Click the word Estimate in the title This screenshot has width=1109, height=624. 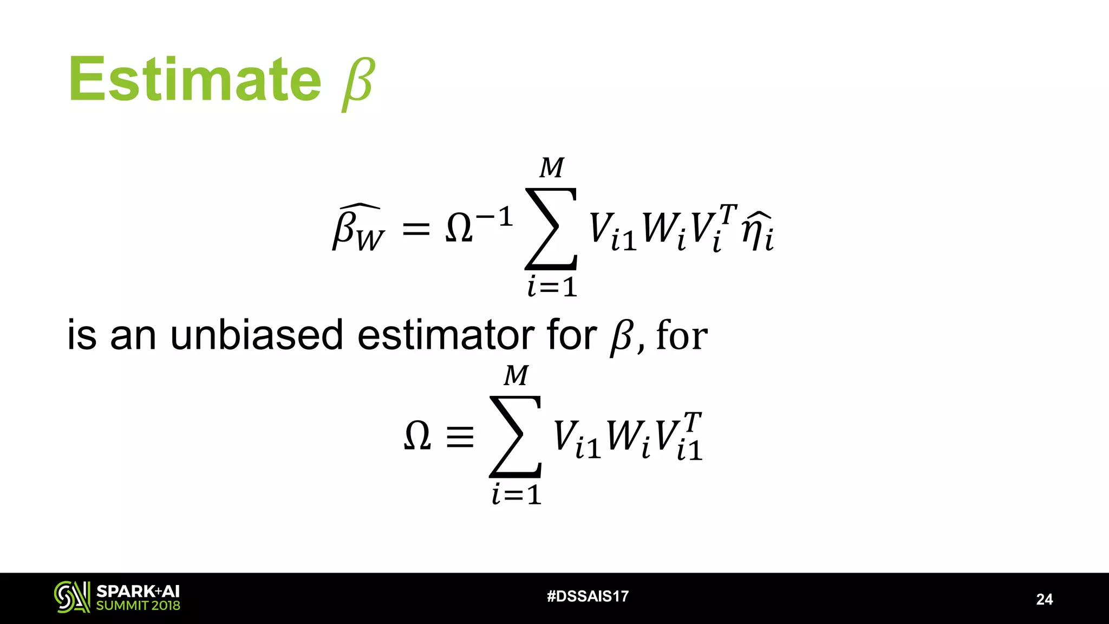point(195,80)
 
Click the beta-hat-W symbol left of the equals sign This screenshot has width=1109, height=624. point(357,229)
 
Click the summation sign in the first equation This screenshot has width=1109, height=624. point(551,229)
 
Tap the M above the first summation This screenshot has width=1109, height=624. point(552,168)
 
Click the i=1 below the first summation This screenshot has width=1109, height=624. point(552,287)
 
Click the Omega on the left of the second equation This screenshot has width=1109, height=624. point(417,437)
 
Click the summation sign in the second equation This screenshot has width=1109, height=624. point(516,437)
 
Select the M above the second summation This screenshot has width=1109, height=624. point(516,376)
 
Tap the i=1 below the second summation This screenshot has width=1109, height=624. point(517,495)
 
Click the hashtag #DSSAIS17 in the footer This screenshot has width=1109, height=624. point(588,596)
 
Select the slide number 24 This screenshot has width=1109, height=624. point(1044,599)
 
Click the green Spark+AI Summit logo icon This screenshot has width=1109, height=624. point(71,597)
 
